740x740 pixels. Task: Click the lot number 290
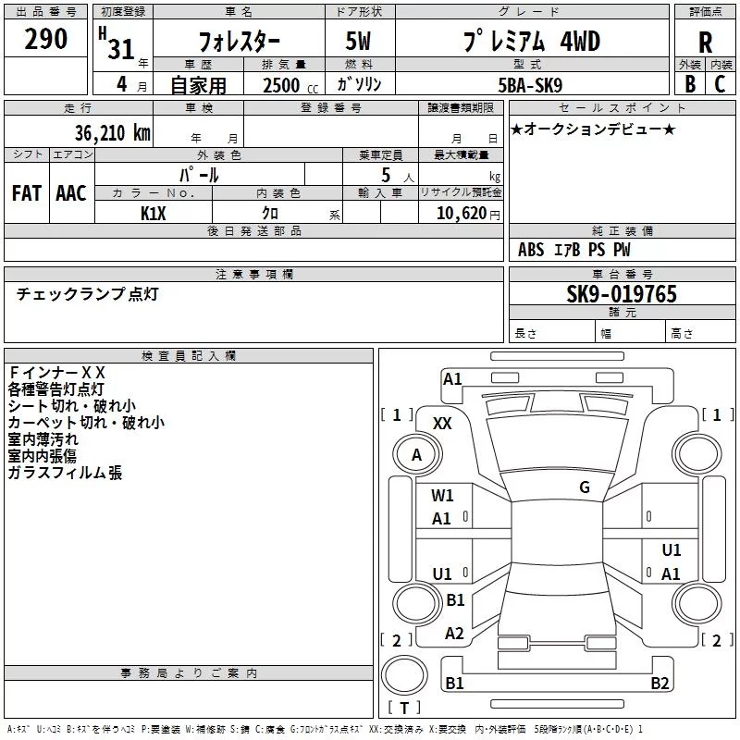[45, 39]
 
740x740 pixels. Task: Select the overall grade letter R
[705, 43]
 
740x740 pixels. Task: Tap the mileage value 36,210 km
[113, 133]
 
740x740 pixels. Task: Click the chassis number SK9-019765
[622, 294]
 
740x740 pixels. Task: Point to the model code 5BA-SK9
[530, 85]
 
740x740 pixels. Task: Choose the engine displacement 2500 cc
[290, 85]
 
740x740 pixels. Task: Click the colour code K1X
[154, 214]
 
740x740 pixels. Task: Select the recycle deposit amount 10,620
[461, 214]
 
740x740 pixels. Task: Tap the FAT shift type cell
[27, 193]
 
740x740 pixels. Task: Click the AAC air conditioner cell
[71, 193]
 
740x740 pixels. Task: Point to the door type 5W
[358, 41]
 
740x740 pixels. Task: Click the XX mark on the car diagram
[442, 424]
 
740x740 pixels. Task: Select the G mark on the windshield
[585, 487]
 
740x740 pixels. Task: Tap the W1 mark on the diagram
[442, 496]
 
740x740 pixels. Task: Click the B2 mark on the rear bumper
[660, 683]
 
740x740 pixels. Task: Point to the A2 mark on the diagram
[454, 634]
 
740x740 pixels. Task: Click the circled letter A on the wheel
[416, 455]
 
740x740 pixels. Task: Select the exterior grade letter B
[690, 84]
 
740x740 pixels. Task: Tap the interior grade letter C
[720, 84]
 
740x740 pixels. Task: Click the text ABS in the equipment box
[531, 250]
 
